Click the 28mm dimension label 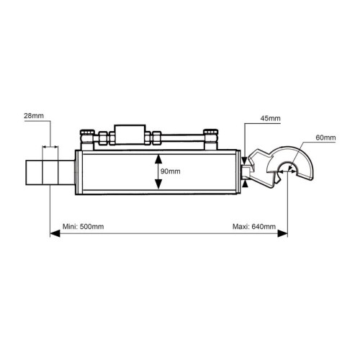point(34,116)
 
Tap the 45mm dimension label point(270,118)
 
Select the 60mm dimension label point(325,138)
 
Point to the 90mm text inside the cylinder point(171,171)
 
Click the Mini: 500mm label point(83,227)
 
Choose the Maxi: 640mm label point(254,227)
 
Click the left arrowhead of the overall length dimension point(55,233)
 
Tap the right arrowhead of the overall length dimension point(282,233)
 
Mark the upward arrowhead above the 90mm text point(158,159)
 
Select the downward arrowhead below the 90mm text point(158,184)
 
